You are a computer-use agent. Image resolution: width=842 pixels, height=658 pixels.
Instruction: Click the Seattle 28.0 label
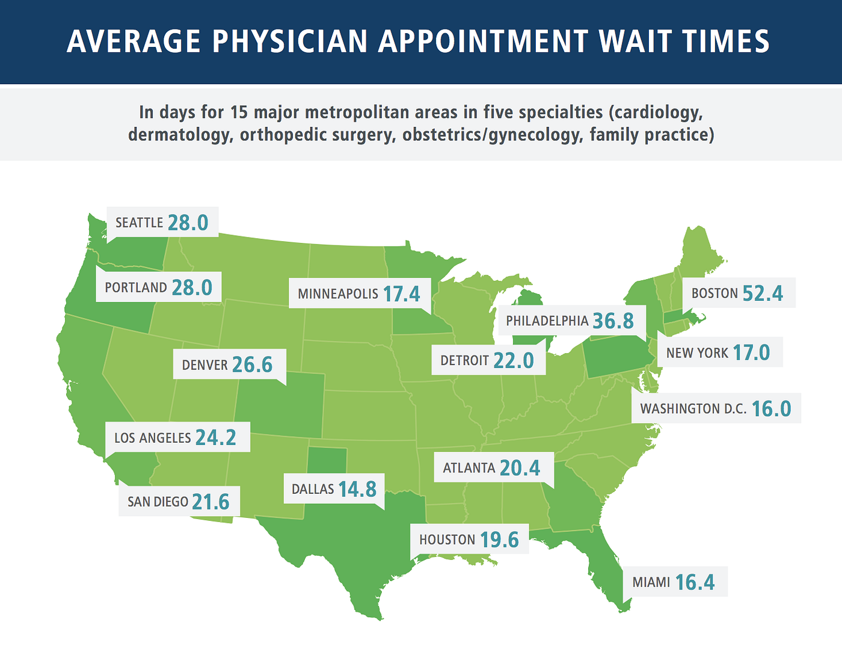pyautogui.click(x=162, y=223)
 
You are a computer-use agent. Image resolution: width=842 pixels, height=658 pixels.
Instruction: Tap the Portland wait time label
pyautogui.click(x=159, y=287)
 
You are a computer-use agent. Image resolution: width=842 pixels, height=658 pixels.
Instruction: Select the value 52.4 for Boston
pyautogui.click(x=763, y=293)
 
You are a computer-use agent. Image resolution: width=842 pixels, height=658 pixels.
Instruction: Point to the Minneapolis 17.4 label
pyautogui.click(x=359, y=294)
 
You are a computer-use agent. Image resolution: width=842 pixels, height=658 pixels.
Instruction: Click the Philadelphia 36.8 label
pyautogui.click(x=570, y=321)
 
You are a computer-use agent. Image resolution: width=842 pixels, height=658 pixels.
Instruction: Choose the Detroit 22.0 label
pyautogui.click(x=487, y=360)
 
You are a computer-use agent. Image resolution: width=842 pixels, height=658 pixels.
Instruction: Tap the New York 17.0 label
pyautogui.click(x=718, y=352)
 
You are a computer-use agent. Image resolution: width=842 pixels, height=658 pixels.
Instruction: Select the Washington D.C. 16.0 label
pyautogui.click(x=716, y=408)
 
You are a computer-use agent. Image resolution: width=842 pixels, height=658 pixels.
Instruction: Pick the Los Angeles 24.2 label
pyautogui.click(x=175, y=437)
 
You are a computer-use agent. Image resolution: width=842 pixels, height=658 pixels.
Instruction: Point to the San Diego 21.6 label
pyautogui.click(x=179, y=501)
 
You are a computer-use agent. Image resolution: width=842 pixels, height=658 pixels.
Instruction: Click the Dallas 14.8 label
pyautogui.click(x=334, y=489)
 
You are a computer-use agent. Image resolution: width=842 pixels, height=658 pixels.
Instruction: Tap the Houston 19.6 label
pyautogui.click(x=469, y=540)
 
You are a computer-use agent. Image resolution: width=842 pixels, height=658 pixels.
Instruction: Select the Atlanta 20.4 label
pyautogui.click(x=491, y=467)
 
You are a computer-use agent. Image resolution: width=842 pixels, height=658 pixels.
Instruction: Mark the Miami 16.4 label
pyautogui.click(x=674, y=582)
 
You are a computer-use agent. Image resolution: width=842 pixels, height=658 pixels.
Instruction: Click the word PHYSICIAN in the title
pyautogui.click(x=290, y=42)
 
